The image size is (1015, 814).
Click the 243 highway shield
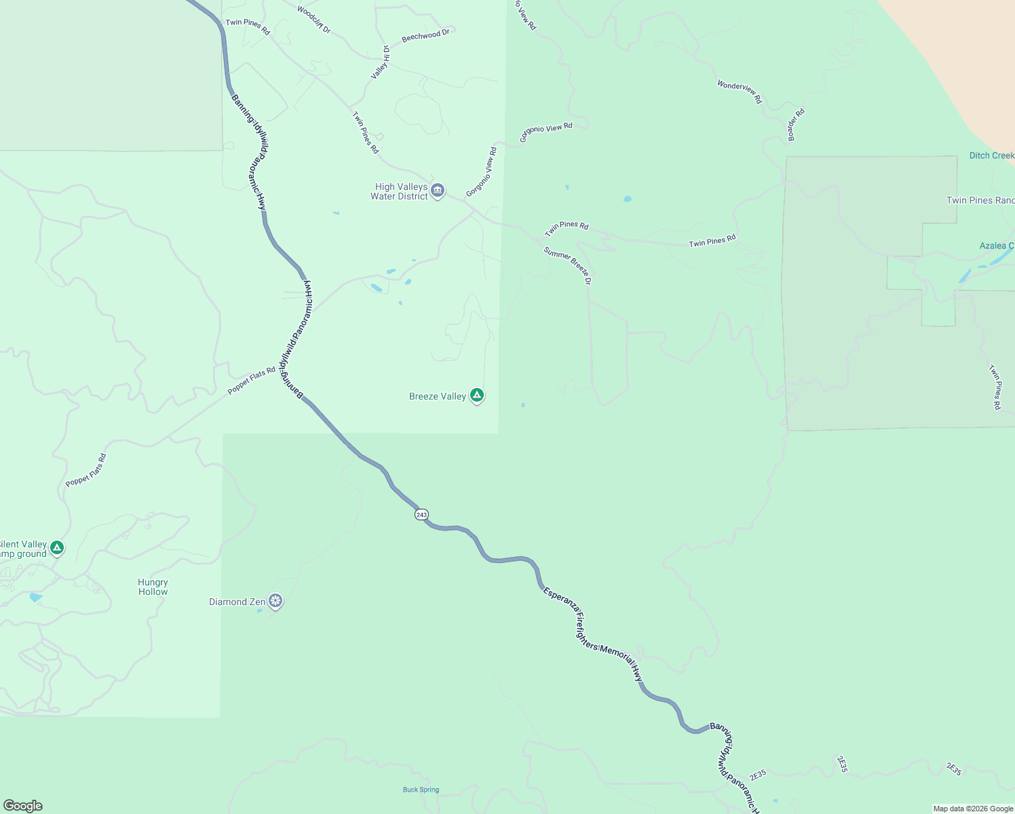421,515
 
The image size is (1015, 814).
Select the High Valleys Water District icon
438,190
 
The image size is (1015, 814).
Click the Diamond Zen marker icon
275,600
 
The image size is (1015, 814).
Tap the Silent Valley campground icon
57,547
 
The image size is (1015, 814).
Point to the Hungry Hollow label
153,587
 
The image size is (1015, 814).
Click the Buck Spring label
421,790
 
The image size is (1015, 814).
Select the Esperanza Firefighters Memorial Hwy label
593,635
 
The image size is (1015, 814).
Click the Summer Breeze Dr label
568,265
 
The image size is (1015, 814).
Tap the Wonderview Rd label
740,92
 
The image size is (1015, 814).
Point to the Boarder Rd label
796,125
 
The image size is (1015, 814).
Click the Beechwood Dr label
425,36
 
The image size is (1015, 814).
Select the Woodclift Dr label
313,20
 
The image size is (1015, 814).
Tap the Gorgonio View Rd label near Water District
482,172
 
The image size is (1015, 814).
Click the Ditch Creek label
991,155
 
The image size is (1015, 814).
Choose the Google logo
22,806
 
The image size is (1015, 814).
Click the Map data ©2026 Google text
973,809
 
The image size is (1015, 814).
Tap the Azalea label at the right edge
996,246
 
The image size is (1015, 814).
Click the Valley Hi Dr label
380,62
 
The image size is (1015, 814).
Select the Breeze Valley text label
438,397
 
